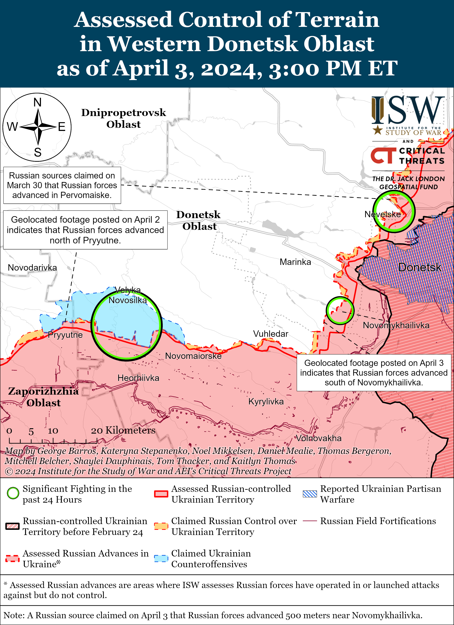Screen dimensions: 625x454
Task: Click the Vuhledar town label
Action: click(271, 334)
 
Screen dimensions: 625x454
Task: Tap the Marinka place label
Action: click(295, 262)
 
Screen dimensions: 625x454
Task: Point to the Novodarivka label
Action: click(32, 267)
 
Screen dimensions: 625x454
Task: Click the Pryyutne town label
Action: click(65, 335)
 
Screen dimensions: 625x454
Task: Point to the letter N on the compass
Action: click(38, 102)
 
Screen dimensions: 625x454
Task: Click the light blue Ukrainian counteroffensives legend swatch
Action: click(161, 558)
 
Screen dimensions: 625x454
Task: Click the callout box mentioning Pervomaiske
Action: click(62, 185)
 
